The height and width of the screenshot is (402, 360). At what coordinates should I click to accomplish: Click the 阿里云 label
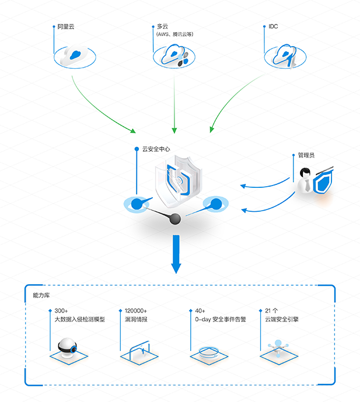tap(66, 27)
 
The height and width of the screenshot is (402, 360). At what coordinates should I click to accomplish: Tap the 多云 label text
tap(162, 26)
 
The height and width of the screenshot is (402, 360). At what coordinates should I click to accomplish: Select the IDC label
tap(273, 26)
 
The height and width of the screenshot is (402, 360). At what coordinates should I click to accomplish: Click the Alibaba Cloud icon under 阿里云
tap(75, 56)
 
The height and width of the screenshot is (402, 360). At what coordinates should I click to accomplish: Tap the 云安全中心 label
tap(156, 149)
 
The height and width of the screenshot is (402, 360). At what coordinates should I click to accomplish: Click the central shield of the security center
tap(179, 181)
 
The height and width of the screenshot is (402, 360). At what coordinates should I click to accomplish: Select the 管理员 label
tap(306, 155)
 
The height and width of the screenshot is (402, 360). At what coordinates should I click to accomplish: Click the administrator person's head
tap(305, 173)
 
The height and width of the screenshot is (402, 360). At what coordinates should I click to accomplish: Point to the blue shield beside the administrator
tap(323, 182)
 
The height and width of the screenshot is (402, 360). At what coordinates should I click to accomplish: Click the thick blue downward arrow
tap(176, 254)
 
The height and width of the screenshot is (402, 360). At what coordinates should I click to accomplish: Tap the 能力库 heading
tap(41, 295)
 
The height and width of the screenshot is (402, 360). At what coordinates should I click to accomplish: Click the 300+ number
tap(61, 311)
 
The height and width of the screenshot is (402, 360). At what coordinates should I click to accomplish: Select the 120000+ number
tap(136, 311)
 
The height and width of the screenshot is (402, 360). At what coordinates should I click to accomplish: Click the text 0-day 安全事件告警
tap(221, 320)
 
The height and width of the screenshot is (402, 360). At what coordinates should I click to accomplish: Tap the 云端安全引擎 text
tap(282, 320)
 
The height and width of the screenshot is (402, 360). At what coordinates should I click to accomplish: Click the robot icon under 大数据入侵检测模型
tap(67, 347)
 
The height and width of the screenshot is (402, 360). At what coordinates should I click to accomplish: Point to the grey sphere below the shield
tap(175, 219)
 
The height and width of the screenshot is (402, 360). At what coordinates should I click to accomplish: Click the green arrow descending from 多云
tap(174, 104)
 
